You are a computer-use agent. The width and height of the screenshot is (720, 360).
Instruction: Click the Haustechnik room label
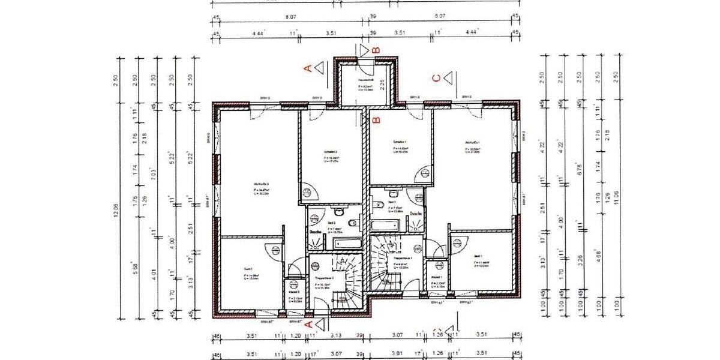(365, 79)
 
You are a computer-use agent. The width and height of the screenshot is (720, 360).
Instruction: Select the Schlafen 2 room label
(330, 151)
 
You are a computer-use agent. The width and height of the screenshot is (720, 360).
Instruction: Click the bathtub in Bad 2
(347, 243)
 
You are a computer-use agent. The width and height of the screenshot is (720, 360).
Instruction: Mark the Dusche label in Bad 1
(415, 213)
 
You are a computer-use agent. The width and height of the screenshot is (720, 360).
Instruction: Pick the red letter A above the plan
(309, 68)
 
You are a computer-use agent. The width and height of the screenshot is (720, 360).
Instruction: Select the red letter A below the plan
(309, 323)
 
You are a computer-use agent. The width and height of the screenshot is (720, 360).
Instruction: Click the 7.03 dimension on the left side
(155, 174)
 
